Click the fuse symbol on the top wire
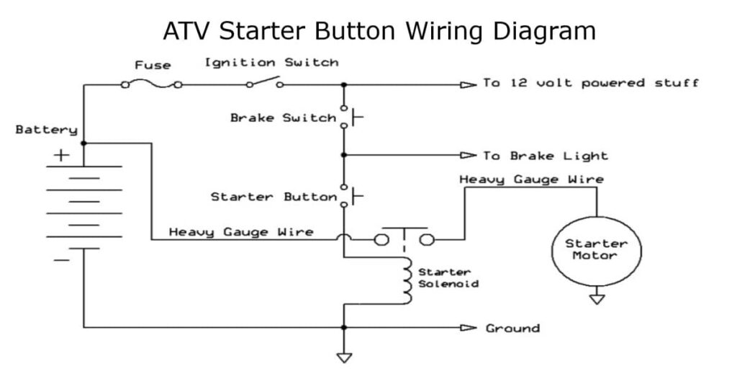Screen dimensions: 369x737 point(152,84)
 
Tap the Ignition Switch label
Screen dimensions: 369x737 point(271,63)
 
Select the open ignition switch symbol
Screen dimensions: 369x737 point(264,83)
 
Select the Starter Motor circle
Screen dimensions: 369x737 point(596,249)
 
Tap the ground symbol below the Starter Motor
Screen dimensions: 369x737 point(596,298)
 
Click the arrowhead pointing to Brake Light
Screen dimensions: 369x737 point(469,155)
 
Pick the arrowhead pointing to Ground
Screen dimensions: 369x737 point(469,328)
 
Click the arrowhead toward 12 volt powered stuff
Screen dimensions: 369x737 point(469,84)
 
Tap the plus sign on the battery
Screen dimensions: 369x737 point(63,154)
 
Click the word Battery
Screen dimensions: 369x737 point(46,130)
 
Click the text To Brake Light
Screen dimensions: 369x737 point(546,156)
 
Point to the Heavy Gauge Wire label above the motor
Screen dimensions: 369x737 point(531,179)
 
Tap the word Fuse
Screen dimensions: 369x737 point(153,65)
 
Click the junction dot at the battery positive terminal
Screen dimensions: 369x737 point(83,143)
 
